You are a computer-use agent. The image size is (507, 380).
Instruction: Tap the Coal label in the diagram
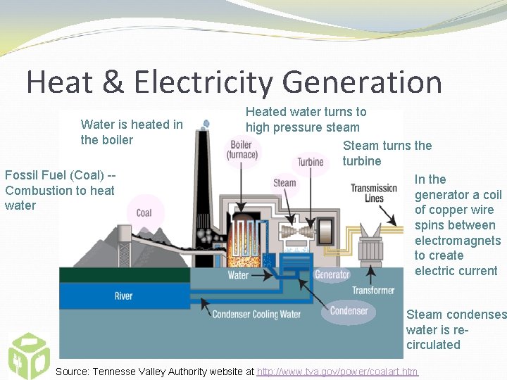[x=144, y=213]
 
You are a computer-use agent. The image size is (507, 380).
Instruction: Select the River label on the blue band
[x=123, y=296]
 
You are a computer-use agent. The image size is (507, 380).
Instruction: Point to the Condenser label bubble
[x=349, y=310]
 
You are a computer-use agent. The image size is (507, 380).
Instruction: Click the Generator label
[x=332, y=274]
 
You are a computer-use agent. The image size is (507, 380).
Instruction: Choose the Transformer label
[x=373, y=290]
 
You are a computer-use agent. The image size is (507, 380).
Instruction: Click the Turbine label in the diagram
[x=310, y=162]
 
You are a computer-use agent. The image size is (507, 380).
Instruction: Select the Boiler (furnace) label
[x=242, y=150]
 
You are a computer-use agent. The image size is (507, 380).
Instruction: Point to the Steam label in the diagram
[x=284, y=183]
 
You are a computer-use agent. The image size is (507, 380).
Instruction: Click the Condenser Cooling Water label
[x=256, y=315]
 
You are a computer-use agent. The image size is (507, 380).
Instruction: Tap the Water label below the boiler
[x=238, y=275]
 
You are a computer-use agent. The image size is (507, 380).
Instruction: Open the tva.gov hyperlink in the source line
[x=337, y=372]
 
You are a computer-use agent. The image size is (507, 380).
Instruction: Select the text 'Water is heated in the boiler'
[x=132, y=132]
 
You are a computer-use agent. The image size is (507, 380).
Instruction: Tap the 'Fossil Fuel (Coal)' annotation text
[x=60, y=175]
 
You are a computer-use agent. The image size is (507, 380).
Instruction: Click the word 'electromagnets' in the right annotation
[x=457, y=241]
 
